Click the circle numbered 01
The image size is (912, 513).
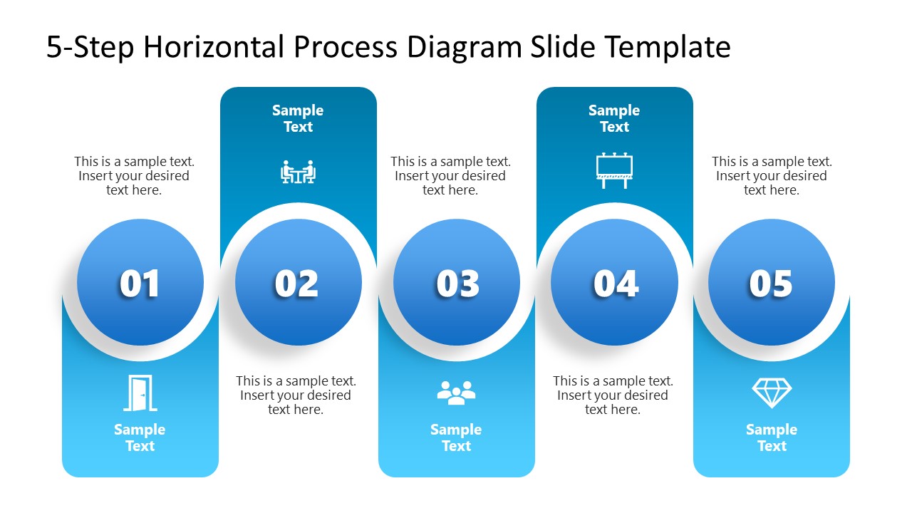point(140,283)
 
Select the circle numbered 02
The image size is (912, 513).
point(299,283)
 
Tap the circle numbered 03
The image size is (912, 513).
point(457,283)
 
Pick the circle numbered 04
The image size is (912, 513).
point(615,283)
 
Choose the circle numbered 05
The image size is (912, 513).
point(772,283)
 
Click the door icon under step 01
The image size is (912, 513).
point(140,393)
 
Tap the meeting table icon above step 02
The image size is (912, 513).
point(298,172)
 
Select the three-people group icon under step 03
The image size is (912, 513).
point(456,393)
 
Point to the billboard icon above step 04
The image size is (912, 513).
point(614,171)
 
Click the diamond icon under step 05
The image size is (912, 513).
point(772,393)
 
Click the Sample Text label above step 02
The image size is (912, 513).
point(298,118)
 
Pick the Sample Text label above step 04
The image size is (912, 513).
point(614,118)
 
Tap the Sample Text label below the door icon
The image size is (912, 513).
point(140,437)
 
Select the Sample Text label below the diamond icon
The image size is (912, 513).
point(772,437)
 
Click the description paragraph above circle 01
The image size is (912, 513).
point(134,176)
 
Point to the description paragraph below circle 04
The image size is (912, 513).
point(613,395)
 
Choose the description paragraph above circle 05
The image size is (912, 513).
point(772,176)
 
